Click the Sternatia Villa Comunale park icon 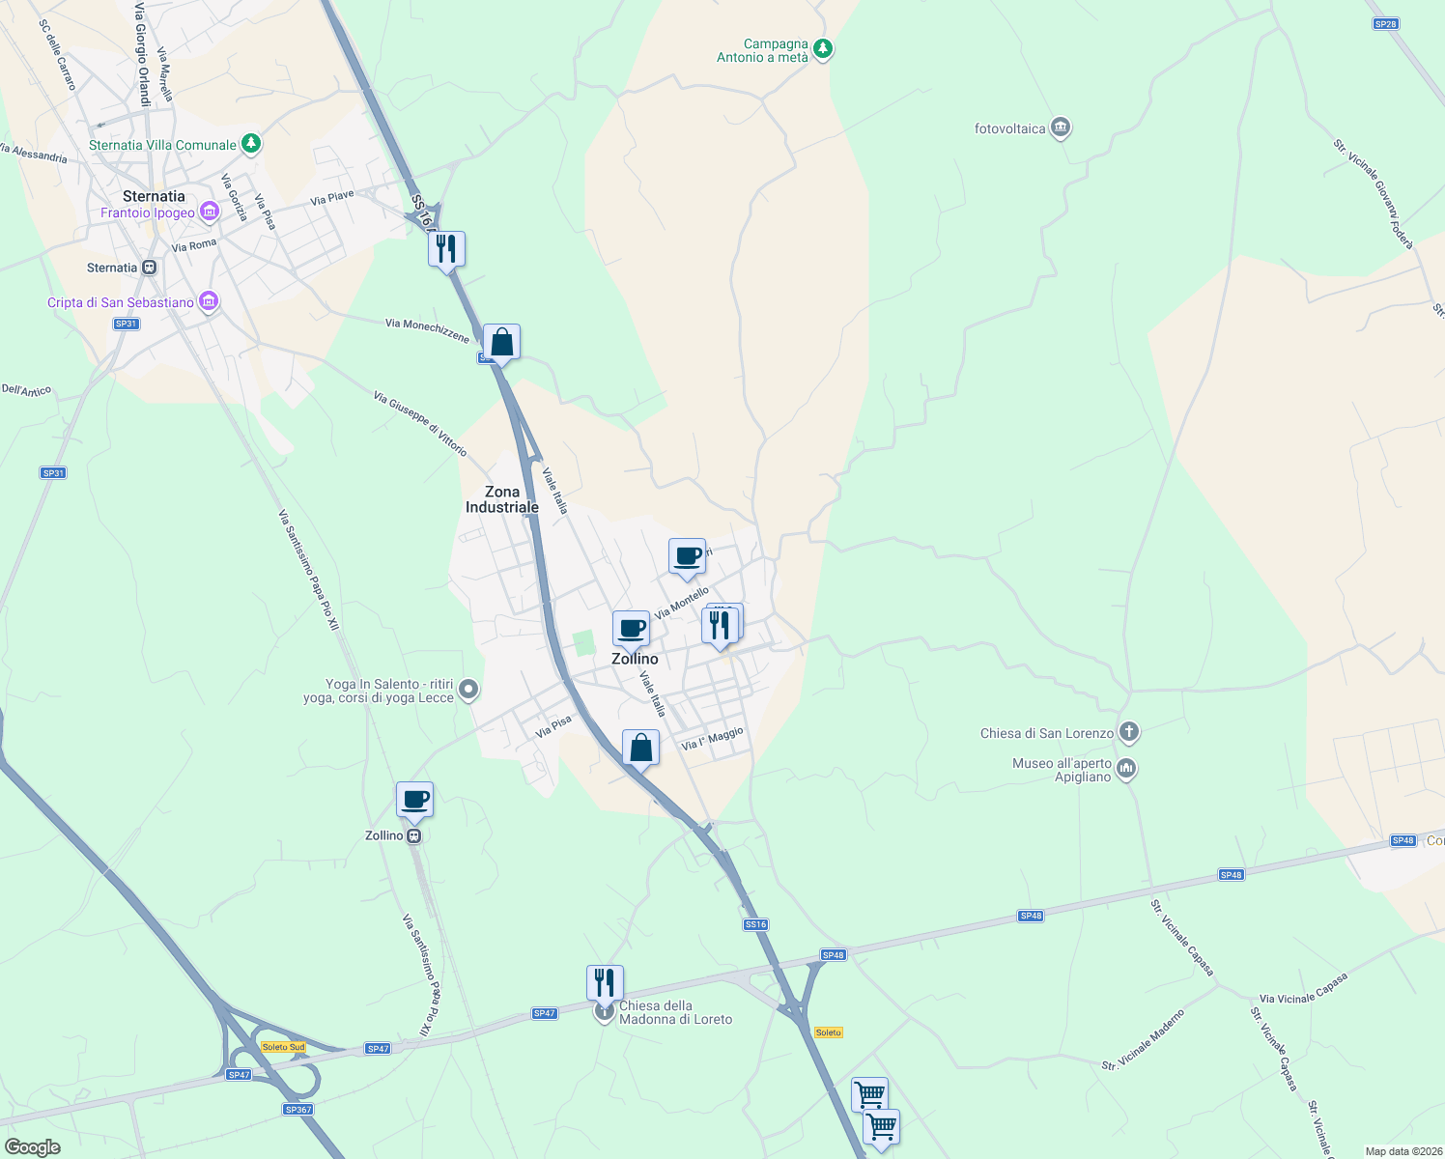(251, 144)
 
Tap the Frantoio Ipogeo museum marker (210, 212)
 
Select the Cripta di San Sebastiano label (121, 302)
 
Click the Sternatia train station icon (149, 268)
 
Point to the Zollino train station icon (413, 835)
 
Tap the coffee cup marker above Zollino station (414, 800)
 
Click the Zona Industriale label (502, 499)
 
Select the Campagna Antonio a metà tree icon (823, 48)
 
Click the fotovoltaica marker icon (1061, 127)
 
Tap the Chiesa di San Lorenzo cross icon (1128, 732)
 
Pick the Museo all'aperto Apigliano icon (1125, 769)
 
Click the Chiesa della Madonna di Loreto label (675, 1012)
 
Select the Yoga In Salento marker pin (468, 690)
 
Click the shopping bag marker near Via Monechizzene (501, 342)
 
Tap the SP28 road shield (1385, 24)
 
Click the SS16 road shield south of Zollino (755, 924)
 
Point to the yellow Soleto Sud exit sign (283, 1047)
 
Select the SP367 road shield (298, 1110)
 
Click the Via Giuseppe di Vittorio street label (420, 424)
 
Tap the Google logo (33, 1146)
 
